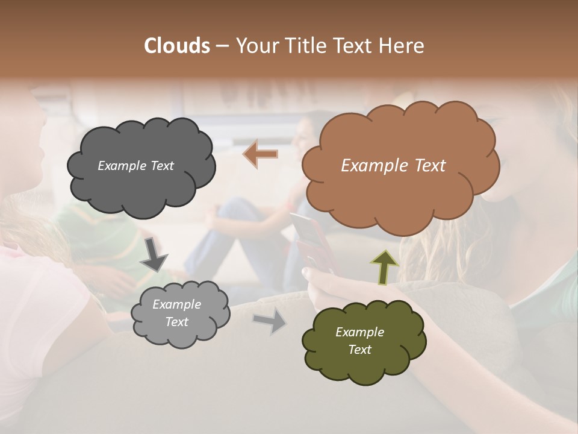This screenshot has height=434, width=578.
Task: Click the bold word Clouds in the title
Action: click(177, 46)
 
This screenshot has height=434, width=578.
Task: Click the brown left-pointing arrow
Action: click(260, 154)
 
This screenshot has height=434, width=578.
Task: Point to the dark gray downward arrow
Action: click(154, 254)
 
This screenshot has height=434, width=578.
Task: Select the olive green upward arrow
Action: click(384, 266)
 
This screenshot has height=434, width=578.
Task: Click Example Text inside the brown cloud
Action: click(393, 166)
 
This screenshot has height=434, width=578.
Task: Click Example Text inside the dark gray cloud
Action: click(135, 166)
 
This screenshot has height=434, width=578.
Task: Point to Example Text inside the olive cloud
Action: click(359, 341)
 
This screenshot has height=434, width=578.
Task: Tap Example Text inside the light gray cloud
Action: click(176, 313)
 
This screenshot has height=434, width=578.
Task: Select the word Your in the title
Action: click(256, 46)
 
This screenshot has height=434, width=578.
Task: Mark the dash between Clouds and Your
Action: click(222, 46)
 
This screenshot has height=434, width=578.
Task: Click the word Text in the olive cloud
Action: click(359, 350)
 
